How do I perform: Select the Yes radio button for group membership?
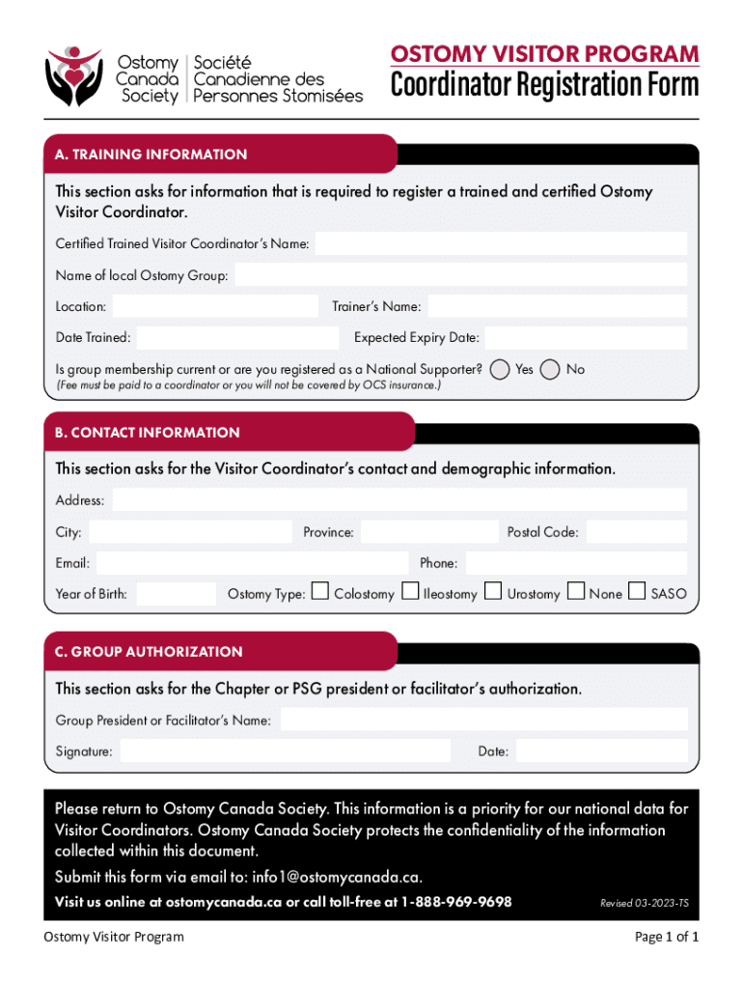coord(500,369)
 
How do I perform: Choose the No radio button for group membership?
coord(551,369)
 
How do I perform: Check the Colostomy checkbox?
coord(319,591)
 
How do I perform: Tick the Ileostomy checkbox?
coord(410,591)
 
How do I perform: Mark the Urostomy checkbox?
coord(493,591)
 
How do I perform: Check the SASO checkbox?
coord(637,591)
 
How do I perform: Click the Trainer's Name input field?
coord(557,306)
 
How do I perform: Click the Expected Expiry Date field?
coord(586,338)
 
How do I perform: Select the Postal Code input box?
coord(636,531)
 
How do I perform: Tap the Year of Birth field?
coord(177,594)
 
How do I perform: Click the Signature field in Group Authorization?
coord(285,750)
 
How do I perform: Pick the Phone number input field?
coord(576,562)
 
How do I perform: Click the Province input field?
coord(429,531)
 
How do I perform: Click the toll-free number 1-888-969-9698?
coord(456,902)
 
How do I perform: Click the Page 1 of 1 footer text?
coord(666,937)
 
